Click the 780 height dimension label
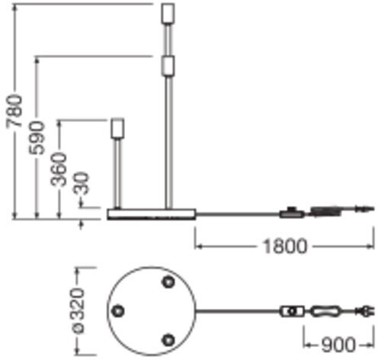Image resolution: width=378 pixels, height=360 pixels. coord(14,111)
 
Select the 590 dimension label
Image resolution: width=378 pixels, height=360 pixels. coord(37,137)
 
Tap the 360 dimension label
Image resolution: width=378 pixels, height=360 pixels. coord(59,169)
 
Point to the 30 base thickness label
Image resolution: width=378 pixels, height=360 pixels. coord(82,183)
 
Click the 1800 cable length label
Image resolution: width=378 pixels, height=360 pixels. coord(285,246)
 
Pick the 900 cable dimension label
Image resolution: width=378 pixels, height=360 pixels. coord(338,345)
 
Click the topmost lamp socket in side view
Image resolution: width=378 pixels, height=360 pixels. coord(168,13)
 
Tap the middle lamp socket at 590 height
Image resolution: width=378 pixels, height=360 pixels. coord(168,66)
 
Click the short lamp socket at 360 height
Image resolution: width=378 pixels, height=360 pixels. coord(117,128)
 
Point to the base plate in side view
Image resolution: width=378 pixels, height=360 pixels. coord(152,214)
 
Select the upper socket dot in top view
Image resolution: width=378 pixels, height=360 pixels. coord(168,281)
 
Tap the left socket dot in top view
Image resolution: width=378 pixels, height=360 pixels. coord(118,310)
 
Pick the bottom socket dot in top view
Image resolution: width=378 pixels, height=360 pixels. coord(168,339)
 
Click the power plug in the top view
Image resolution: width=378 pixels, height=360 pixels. coord(365,311)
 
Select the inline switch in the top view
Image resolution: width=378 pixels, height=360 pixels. coord(292,311)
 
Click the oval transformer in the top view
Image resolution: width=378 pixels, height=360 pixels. coord(325,311)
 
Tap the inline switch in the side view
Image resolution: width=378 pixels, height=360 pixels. coord(292,213)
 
